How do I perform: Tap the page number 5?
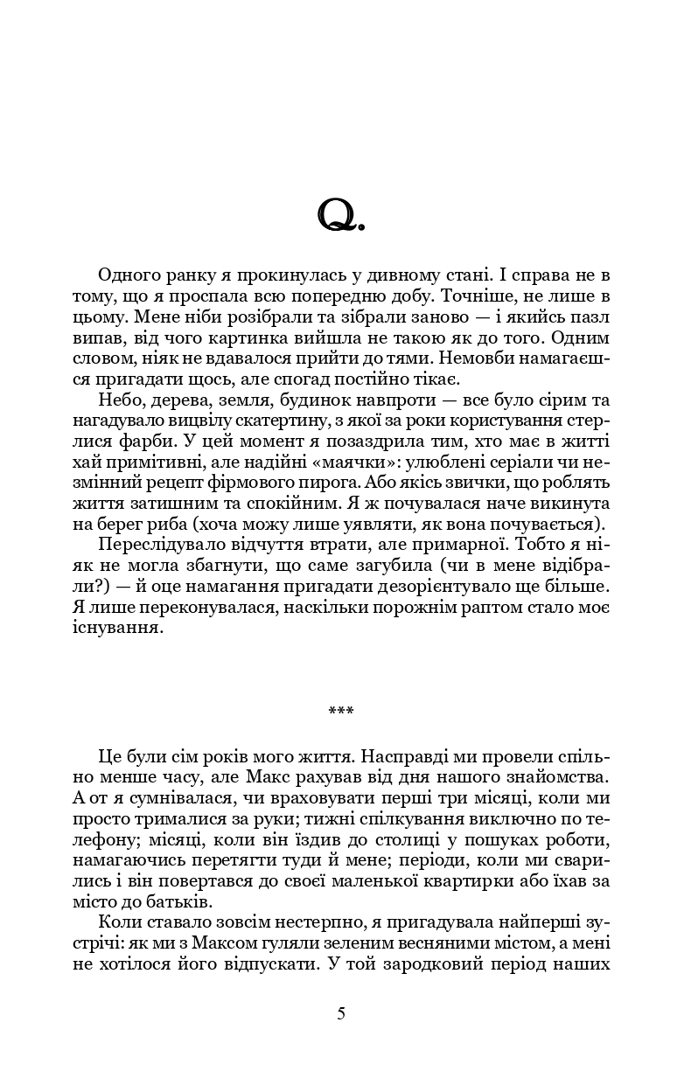[341, 1013]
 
